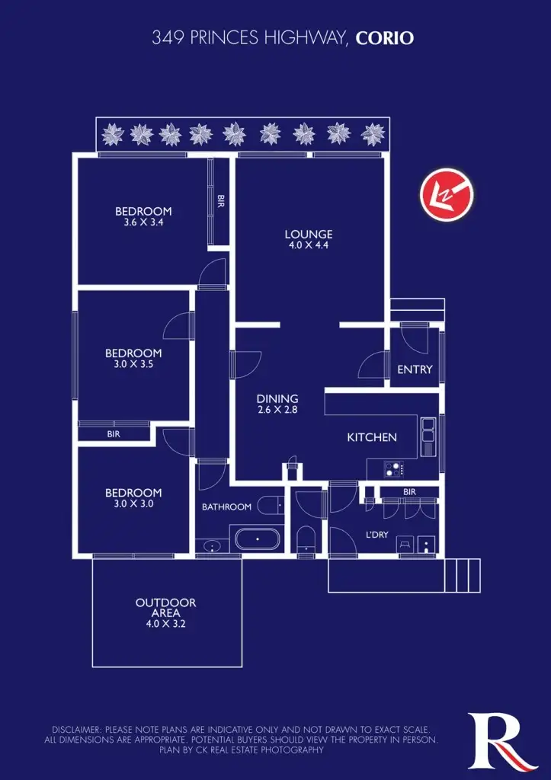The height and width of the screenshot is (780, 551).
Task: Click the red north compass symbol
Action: pyautogui.click(x=447, y=194)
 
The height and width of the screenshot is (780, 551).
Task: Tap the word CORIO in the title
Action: pyautogui.click(x=385, y=37)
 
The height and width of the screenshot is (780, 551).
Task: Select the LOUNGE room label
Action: pyautogui.click(x=309, y=235)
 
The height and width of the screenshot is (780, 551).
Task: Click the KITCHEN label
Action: pyautogui.click(x=372, y=437)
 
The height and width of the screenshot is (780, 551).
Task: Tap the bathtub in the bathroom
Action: pyautogui.click(x=257, y=541)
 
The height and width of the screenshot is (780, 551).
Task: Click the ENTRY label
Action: pyautogui.click(x=415, y=369)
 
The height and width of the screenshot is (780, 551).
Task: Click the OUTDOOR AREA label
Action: pyautogui.click(x=165, y=608)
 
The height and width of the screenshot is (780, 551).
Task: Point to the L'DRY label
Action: pyautogui.click(x=377, y=535)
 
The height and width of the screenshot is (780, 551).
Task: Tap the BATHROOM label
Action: pyautogui.click(x=226, y=507)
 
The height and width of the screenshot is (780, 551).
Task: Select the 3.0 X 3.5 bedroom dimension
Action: pyautogui.click(x=133, y=364)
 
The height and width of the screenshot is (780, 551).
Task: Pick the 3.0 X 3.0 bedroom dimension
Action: pyautogui.click(x=133, y=503)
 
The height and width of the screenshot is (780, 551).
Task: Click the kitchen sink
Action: pyautogui.click(x=428, y=430)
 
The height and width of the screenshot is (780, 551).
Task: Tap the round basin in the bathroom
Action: pyautogui.click(x=212, y=546)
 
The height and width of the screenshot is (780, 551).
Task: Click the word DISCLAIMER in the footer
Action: pyautogui.click(x=76, y=729)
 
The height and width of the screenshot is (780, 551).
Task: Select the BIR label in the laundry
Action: pyautogui.click(x=409, y=492)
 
